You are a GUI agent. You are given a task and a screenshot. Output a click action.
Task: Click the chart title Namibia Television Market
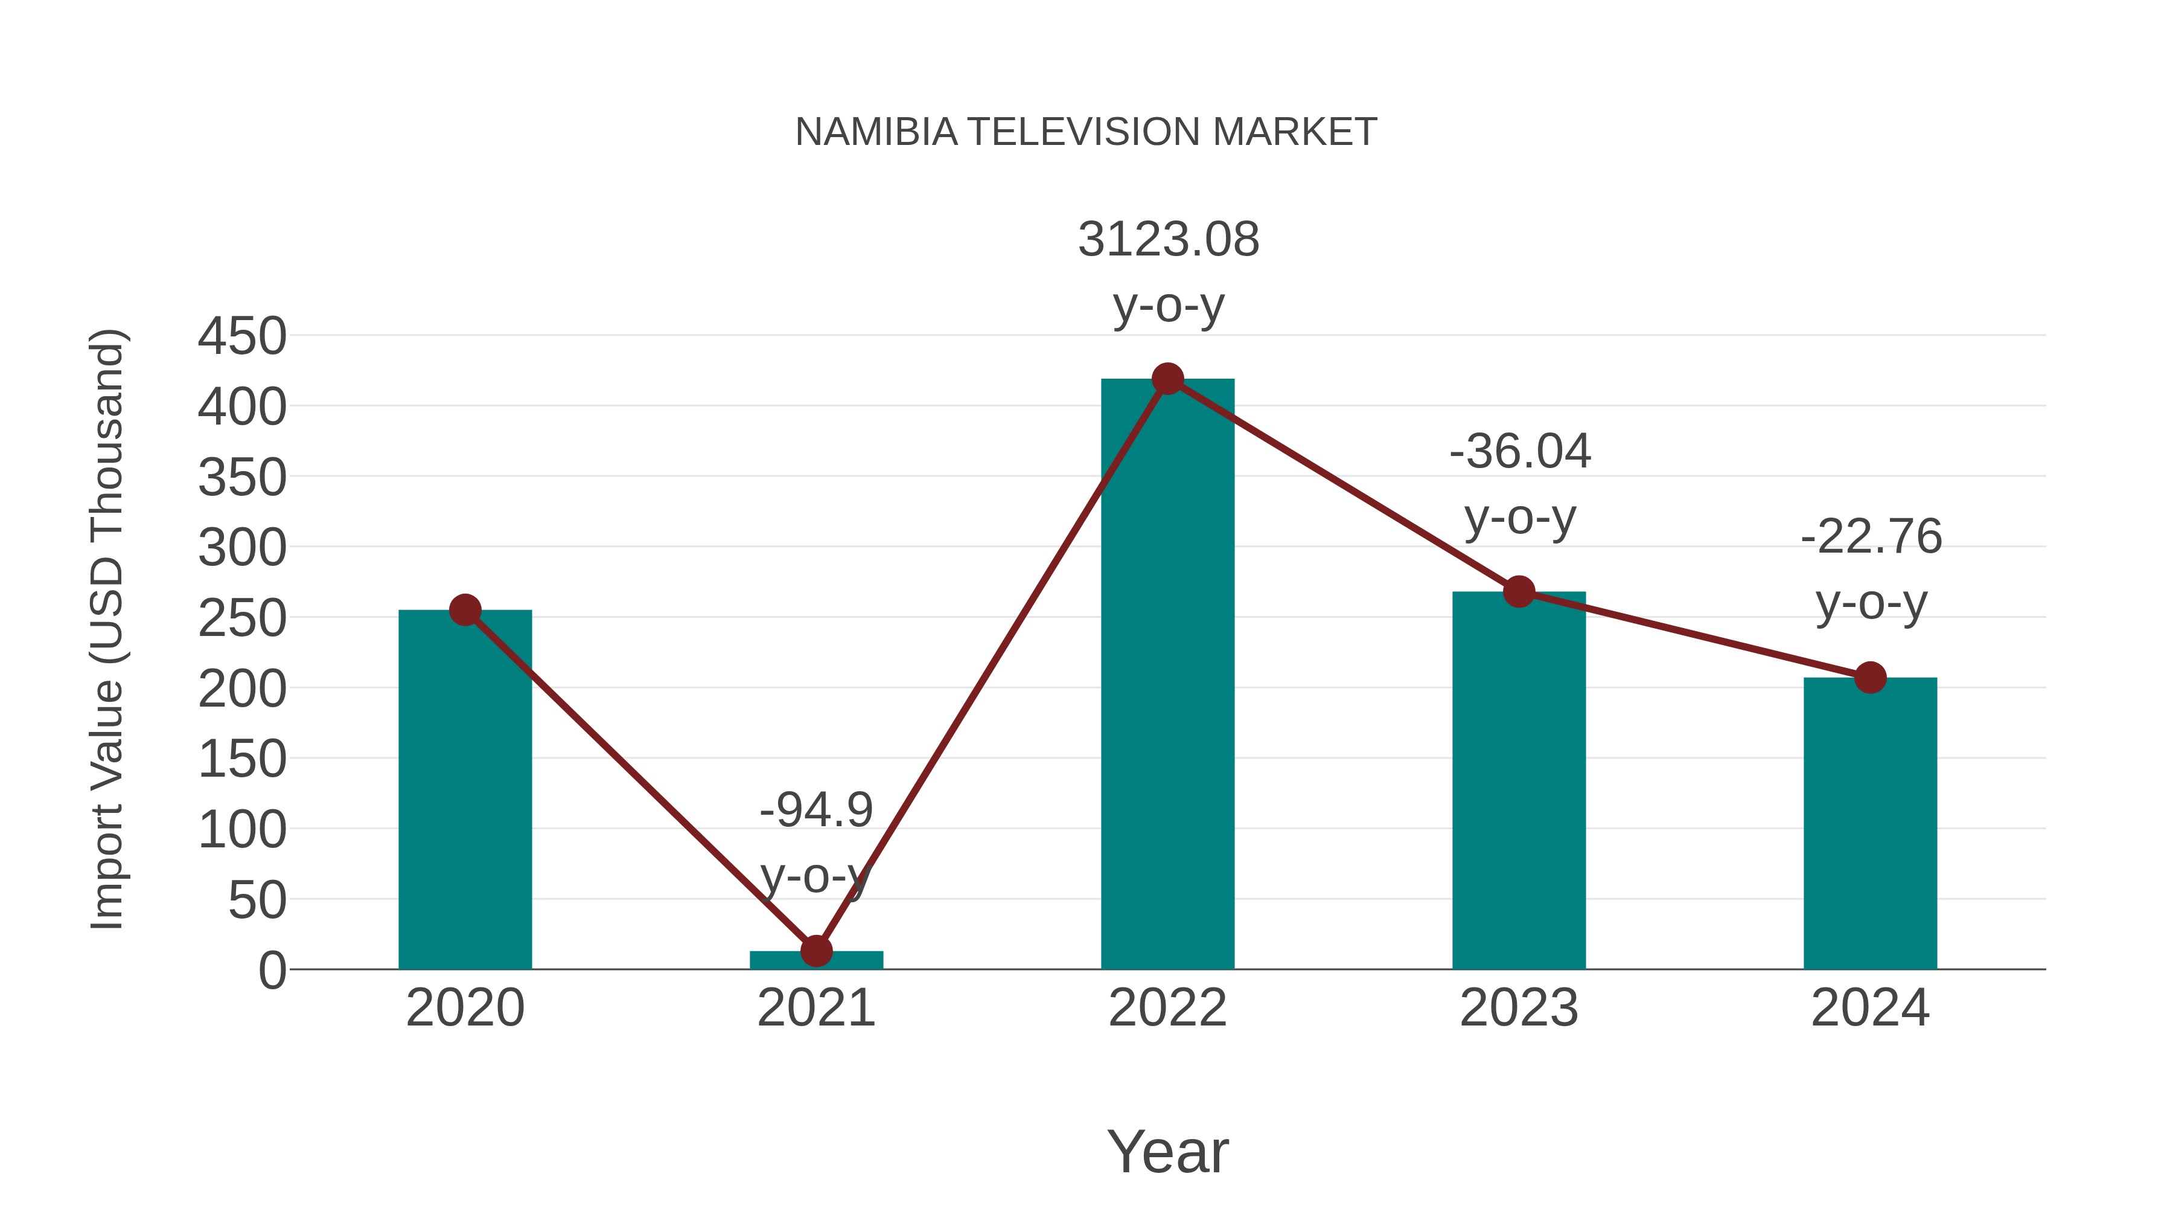[1086, 132]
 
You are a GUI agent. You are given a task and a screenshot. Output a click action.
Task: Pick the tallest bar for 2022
[1167, 675]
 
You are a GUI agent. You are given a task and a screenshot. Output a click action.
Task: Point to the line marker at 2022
[1167, 379]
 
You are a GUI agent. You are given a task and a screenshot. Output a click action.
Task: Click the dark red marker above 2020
[465, 609]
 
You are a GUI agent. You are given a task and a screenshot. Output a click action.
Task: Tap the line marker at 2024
[1870, 677]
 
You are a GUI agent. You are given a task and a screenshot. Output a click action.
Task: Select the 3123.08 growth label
[1169, 240]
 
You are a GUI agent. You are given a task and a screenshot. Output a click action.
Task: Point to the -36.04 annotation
[1520, 452]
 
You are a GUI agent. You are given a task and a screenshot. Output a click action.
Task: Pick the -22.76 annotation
[1871, 537]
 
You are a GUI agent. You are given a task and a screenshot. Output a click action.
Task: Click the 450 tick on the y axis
[242, 337]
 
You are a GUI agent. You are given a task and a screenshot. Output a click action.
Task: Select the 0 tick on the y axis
[272, 971]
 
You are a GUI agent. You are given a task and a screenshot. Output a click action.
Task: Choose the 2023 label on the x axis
[1519, 1008]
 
